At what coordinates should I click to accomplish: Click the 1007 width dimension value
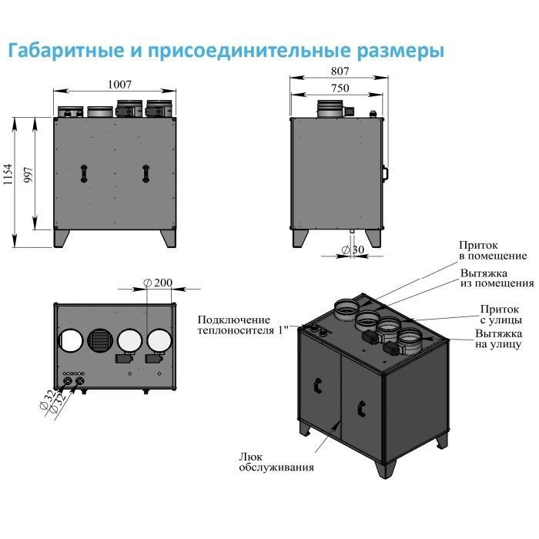[119, 84]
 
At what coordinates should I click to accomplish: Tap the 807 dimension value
[339, 71]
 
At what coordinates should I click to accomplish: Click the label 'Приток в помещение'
[493, 250]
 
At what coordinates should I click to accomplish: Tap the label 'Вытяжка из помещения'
[497, 278]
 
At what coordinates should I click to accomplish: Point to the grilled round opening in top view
[99, 340]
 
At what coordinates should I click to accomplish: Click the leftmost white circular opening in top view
[70, 340]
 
